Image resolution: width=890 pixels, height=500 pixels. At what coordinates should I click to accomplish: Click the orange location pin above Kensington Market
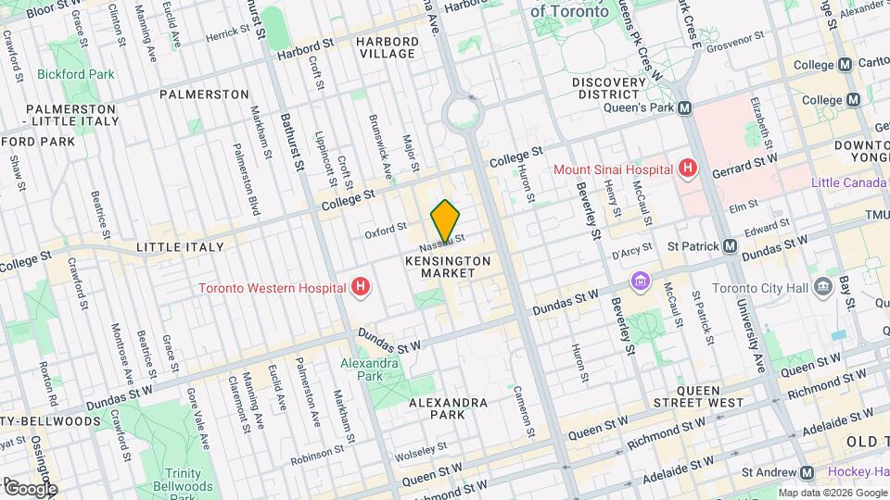[445, 222]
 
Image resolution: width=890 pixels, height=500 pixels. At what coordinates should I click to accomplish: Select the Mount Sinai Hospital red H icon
[687, 169]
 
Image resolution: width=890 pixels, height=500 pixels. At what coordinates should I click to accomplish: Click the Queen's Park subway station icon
[685, 107]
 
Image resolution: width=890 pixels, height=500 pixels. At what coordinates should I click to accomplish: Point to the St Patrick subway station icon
[731, 246]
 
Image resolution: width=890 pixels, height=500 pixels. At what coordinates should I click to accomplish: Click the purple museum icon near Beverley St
[640, 281]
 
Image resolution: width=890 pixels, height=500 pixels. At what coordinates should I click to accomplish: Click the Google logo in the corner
[30, 488]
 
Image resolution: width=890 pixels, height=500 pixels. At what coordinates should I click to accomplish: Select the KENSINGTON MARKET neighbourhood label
[448, 267]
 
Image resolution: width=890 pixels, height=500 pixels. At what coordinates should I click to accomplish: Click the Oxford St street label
[385, 230]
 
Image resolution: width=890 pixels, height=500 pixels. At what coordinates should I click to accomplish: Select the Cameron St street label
[525, 412]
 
